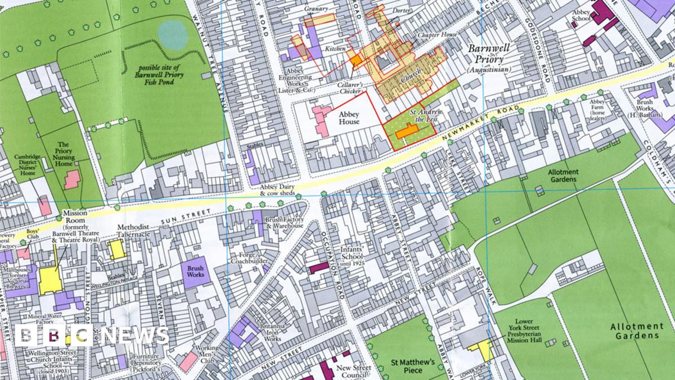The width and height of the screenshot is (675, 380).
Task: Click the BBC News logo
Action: [x=92, y=336]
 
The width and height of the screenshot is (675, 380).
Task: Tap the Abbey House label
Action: [x=349, y=118]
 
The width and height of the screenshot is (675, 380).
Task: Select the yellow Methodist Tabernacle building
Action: [x=117, y=248]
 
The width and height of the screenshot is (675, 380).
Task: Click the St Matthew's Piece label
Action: [x=413, y=366]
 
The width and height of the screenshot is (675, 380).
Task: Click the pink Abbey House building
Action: [x=321, y=120]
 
